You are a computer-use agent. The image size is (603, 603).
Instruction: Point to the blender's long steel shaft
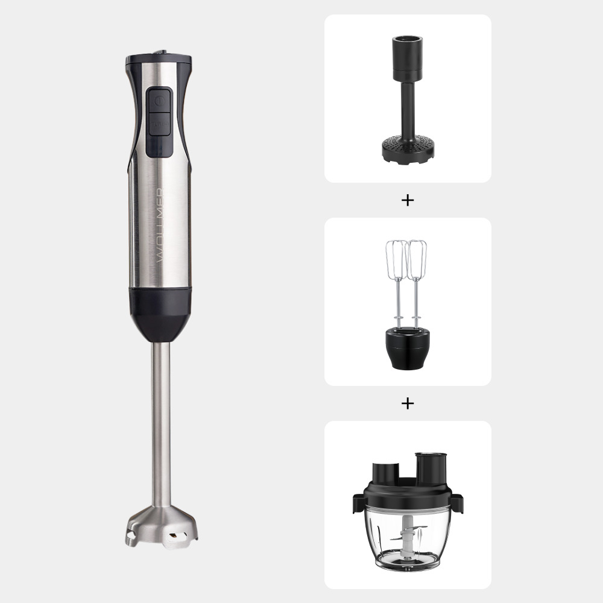(x=160, y=422)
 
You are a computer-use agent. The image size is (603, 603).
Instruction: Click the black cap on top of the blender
(x=159, y=60)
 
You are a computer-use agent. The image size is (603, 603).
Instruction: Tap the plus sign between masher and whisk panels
(x=408, y=200)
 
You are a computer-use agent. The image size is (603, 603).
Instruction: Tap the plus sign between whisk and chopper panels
(x=408, y=403)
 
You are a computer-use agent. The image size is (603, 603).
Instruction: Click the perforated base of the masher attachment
(x=408, y=148)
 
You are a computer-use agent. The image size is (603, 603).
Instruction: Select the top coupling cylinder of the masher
(x=408, y=57)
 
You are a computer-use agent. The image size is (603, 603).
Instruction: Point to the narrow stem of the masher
(x=408, y=109)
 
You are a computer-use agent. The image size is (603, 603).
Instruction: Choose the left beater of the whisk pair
(x=396, y=259)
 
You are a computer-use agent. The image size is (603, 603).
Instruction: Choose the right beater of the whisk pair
(x=417, y=259)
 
